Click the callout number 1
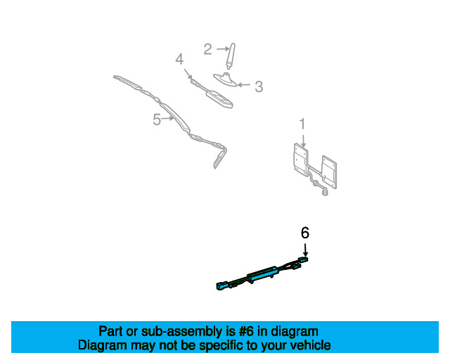pos(302,124)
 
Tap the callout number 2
pos(207,49)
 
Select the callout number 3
pos(259,86)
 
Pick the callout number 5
pos(157,120)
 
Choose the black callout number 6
pos(305,233)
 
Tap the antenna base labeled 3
pos(225,79)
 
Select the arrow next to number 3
pos(244,85)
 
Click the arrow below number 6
pos(305,250)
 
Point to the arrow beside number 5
pos(169,119)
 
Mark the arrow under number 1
pos(302,139)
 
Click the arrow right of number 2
pos(219,49)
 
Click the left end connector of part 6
pos(222,285)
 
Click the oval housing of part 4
pos(220,98)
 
